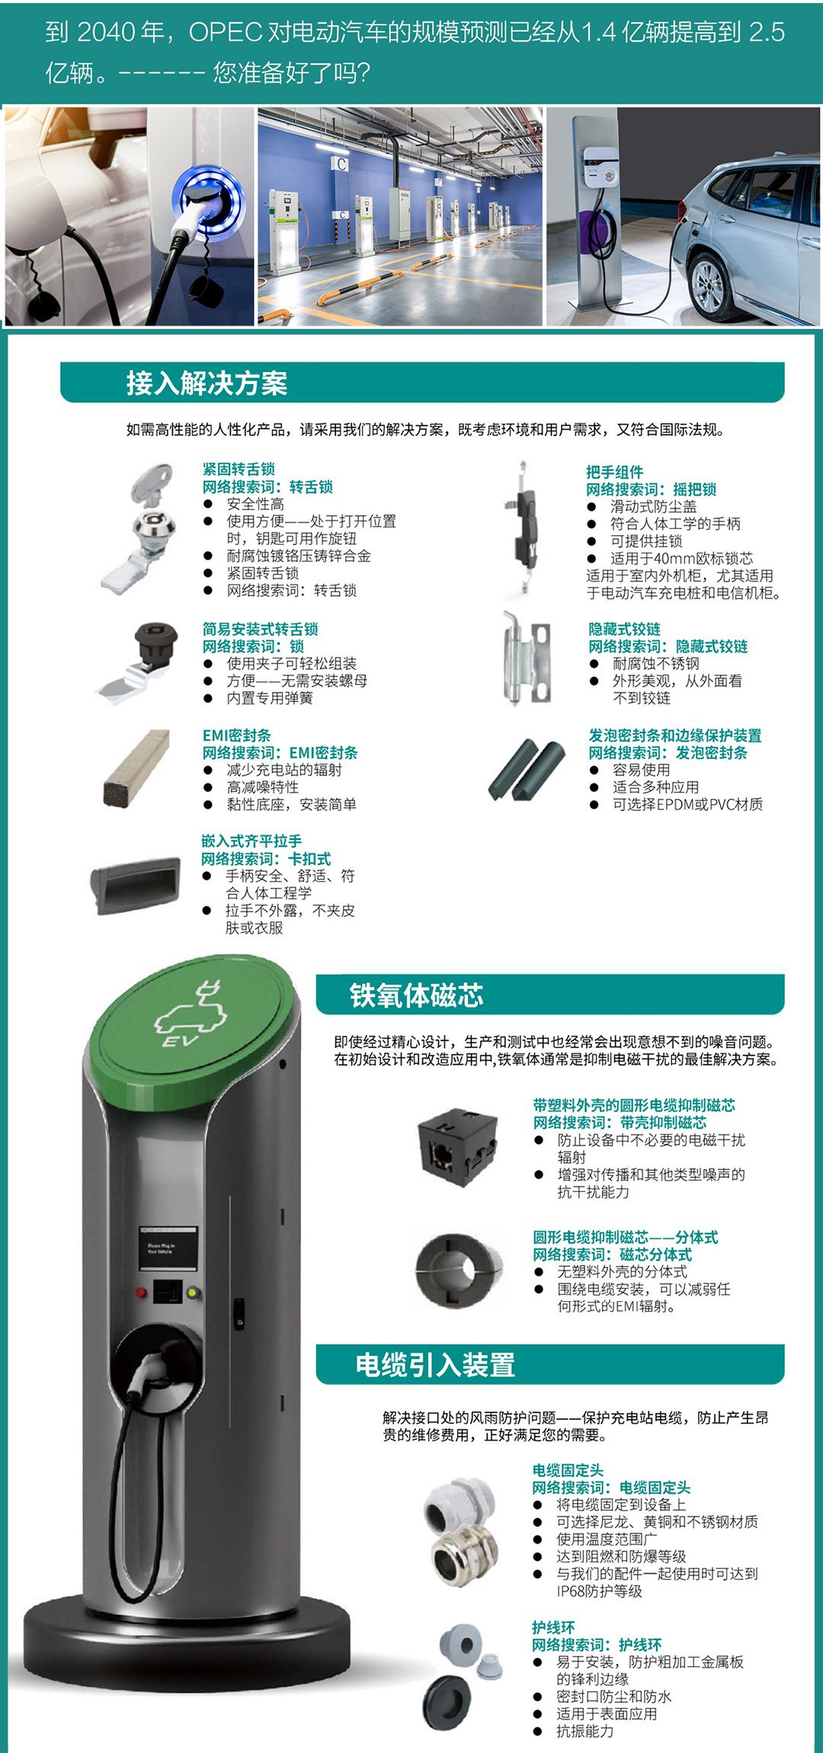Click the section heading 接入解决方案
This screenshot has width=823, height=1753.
tap(207, 383)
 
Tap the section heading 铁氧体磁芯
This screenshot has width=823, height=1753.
tap(416, 995)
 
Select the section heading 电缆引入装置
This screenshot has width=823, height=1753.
tap(435, 1364)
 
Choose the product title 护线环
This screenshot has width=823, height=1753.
tap(553, 1627)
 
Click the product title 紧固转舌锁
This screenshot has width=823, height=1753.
tap(239, 469)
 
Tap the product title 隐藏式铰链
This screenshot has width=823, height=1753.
tap(624, 629)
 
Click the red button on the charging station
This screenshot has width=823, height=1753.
tap(141, 1292)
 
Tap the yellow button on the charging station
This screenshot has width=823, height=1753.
tap(193, 1293)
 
